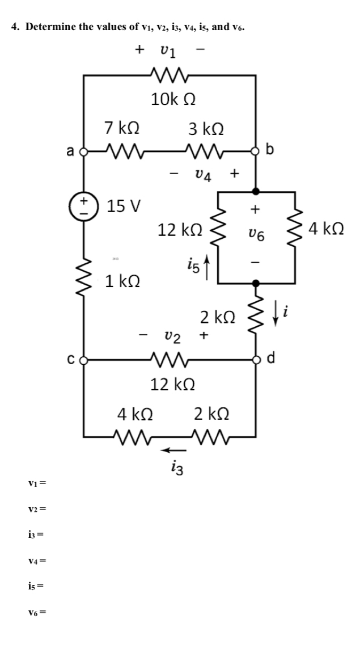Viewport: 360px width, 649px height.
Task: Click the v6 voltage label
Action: tap(256, 235)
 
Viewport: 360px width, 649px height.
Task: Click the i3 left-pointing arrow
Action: tap(171, 450)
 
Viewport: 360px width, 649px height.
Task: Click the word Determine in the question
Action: tap(50, 26)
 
